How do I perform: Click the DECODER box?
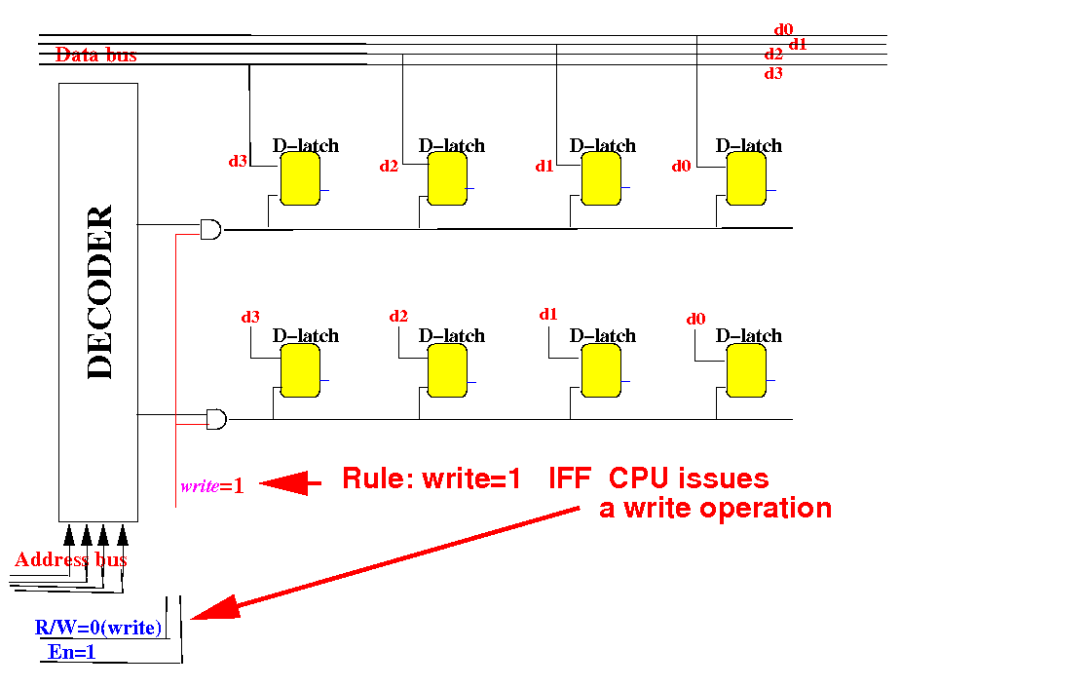[x=97, y=302]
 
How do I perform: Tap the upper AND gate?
[x=210, y=230]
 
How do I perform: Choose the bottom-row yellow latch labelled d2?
[x=447, y=371]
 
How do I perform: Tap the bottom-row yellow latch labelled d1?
[x=600, y=371]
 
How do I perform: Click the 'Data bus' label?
[x=95, y=56]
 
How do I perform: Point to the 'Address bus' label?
[x=71, y=560]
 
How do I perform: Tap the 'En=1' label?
[x=72, y=653]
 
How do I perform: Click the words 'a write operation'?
[x=715, y=508]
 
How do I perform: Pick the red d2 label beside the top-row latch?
[x=390, y=166]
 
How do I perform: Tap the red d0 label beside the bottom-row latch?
[x=695, y=319]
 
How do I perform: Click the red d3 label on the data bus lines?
[x=773, y=73]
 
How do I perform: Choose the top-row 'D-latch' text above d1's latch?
[x=603, y=145]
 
